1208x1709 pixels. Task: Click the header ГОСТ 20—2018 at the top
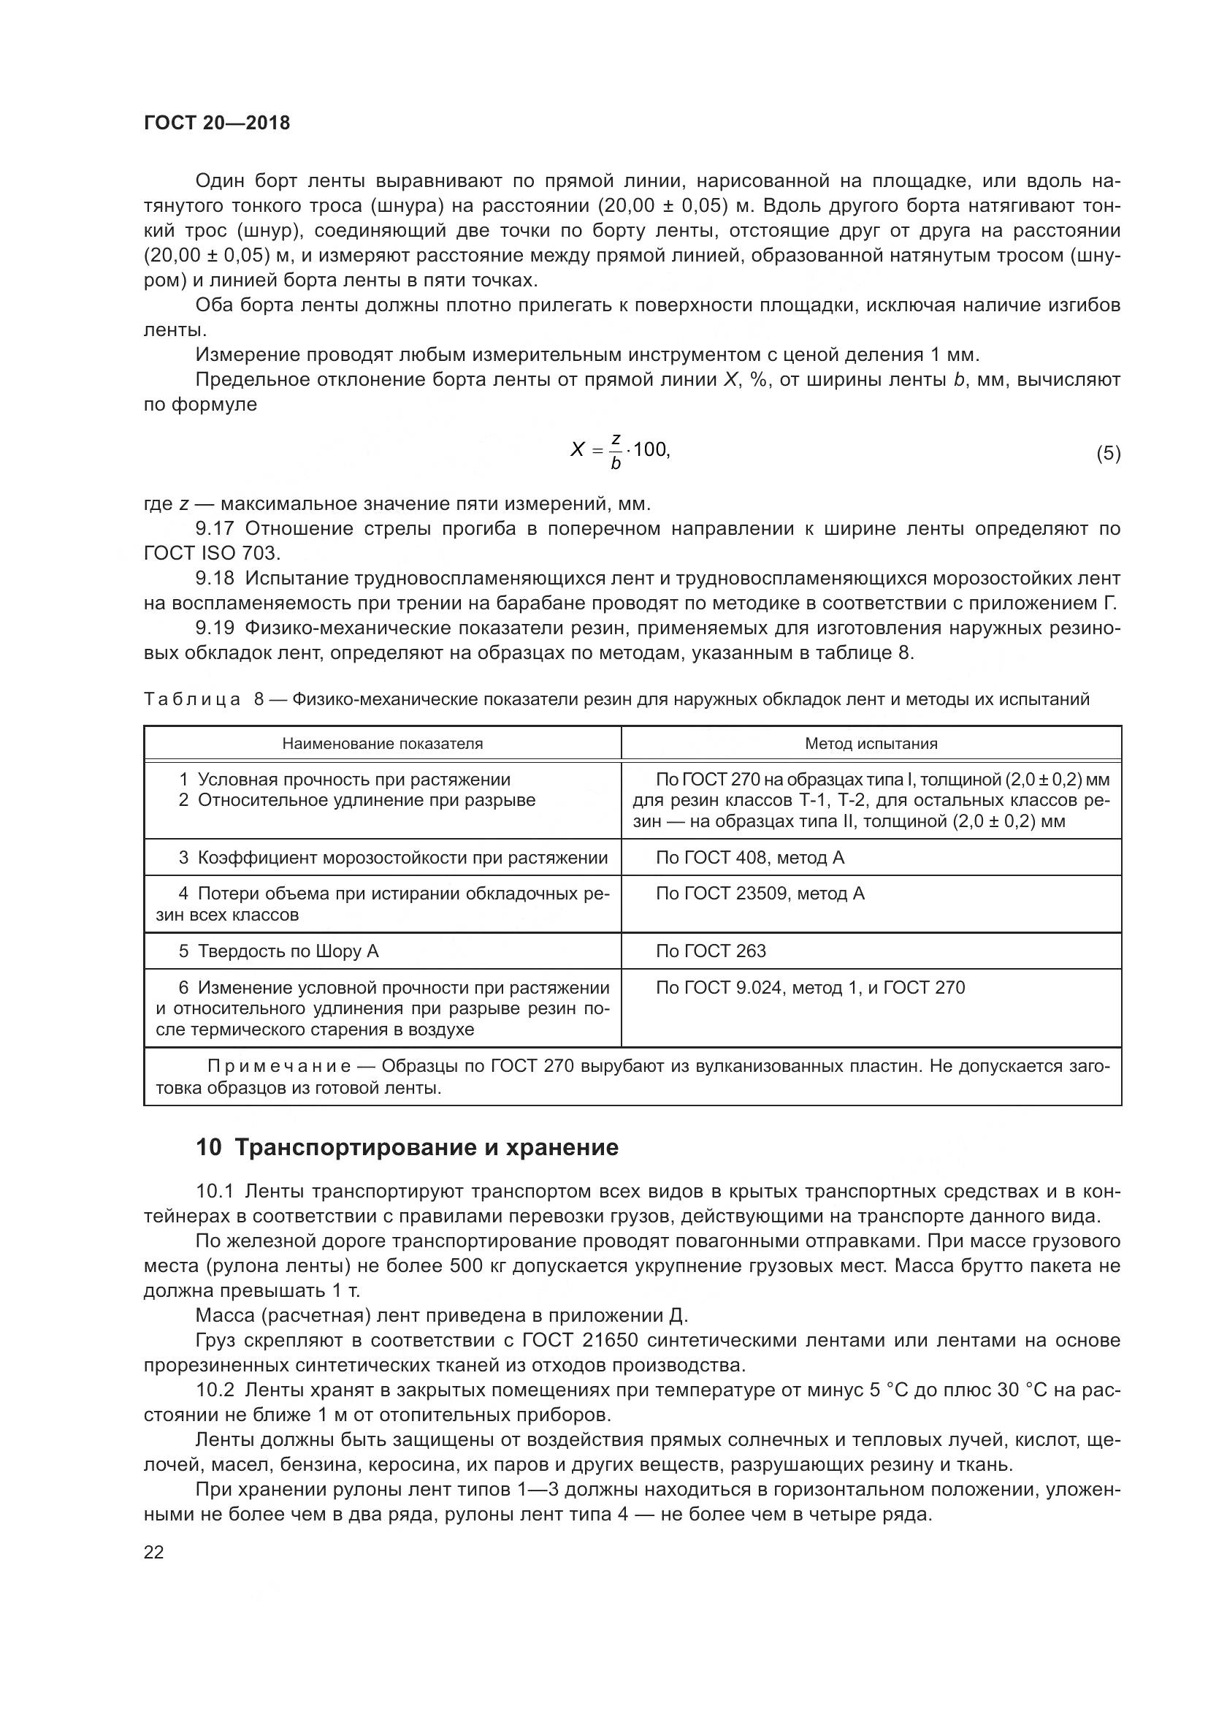216,123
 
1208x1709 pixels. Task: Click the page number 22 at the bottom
153,1552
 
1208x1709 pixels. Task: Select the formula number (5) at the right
1108,453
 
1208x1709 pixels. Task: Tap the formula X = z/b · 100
619,450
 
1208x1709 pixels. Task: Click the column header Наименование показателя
382,744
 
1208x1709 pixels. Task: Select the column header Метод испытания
871,744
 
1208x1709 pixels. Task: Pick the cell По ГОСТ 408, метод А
750,858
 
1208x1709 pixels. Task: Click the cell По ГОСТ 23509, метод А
760,893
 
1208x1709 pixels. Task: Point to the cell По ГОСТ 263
711,951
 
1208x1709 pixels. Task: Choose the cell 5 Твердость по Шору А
279,951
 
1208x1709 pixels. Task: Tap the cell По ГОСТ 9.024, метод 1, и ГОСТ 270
810,987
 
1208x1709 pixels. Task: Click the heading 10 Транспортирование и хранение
407,1147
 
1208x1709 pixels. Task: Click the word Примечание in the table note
289,1066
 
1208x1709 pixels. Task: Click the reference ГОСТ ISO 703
212,553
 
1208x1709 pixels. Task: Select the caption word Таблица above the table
192,699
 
